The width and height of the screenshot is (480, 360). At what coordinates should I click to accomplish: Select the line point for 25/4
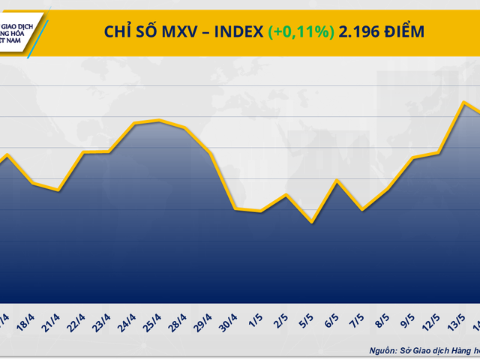[x=159, y=120]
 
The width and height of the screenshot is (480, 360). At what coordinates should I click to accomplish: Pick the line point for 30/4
[x=235, y=208]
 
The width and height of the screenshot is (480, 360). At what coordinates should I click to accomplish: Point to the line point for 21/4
[x=58, y=190]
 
